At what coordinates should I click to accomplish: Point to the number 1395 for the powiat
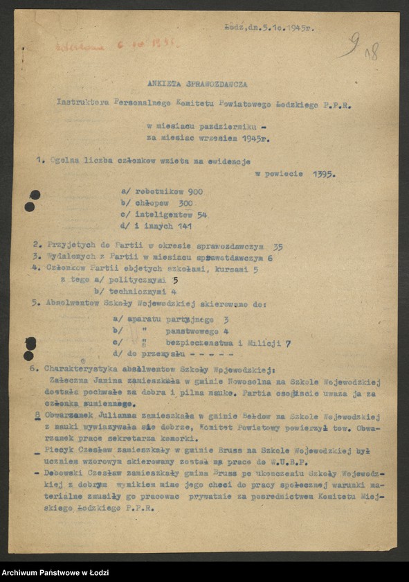click(x=323, y=174)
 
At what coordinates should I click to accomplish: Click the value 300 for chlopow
click(x=183, y=203)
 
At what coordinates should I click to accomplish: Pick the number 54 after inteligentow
click(x=201, y=215)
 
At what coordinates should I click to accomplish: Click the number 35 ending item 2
click(x=278, y=246)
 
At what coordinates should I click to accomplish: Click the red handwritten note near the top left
click(x=114, y=45)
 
